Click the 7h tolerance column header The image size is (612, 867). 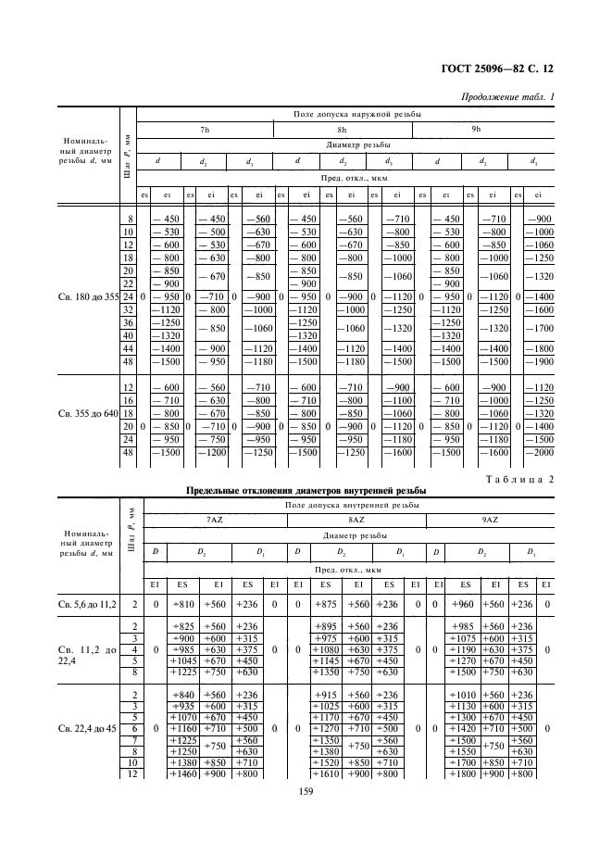pos(205,130)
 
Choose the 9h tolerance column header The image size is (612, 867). pos(476,130)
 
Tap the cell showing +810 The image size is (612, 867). pos(182,604)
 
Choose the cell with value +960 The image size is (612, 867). pos(463,604)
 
